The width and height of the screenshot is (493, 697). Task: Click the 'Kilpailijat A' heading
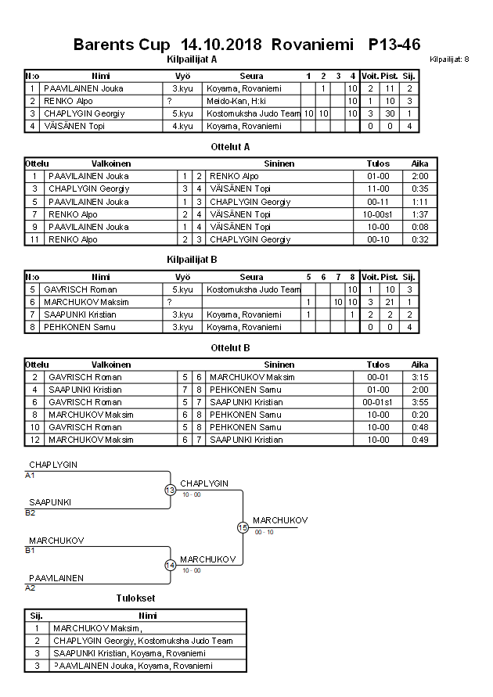[x=193, y=59]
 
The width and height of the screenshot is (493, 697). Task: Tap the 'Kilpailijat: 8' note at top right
[x=450, y=59]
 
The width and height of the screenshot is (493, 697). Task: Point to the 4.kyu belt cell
[x=182, y=126]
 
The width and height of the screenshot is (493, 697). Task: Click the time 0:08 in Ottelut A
[x=419, y=227]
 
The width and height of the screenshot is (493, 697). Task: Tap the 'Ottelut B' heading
[x=230, y=347]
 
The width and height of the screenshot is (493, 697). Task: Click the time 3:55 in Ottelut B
[x=419, y=402]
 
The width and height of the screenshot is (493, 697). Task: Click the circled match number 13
[x=171, y=490]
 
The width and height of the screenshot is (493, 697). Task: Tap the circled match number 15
[x=243, y=528]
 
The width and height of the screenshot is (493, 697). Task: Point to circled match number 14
[x=171, y=566]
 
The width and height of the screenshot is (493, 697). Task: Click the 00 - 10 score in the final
[x=264, y=533]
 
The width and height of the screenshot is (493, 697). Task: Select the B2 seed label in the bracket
[x=31, y=513]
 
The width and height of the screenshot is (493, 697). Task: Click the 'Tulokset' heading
[x=135, y=598]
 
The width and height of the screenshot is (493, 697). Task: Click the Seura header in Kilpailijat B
[x=251, y=277]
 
